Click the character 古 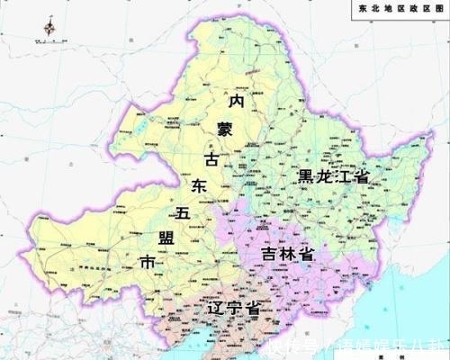212,159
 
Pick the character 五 183,215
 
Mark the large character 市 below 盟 148,263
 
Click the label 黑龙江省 334,176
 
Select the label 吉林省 286,255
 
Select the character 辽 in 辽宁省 214,309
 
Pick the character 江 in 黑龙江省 343,176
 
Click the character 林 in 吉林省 286,255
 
